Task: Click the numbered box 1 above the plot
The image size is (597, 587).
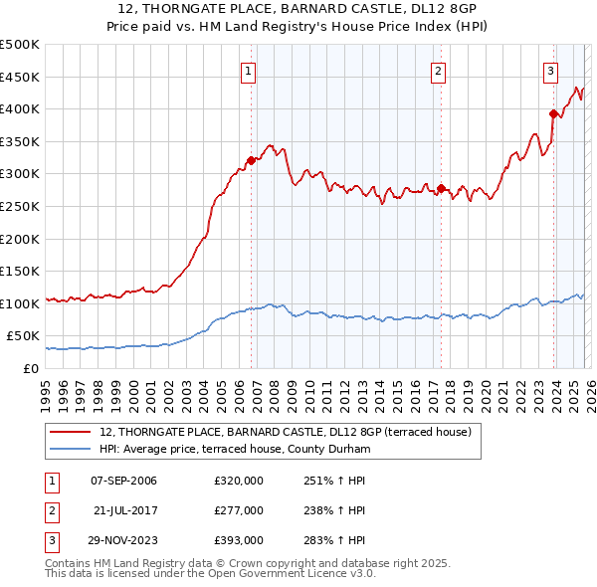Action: point(247,70)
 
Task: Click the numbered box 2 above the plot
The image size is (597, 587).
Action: point(438,70)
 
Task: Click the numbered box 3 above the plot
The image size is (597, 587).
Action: point(550,70)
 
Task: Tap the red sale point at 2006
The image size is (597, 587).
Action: point(251,160)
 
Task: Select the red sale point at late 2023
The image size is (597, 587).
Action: point(553,113)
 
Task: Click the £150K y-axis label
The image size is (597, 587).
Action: point(20,271)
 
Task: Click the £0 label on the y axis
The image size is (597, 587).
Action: point(29,368)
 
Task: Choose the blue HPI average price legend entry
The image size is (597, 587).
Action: point(234,450)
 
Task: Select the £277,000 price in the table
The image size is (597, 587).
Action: point(239,510)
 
